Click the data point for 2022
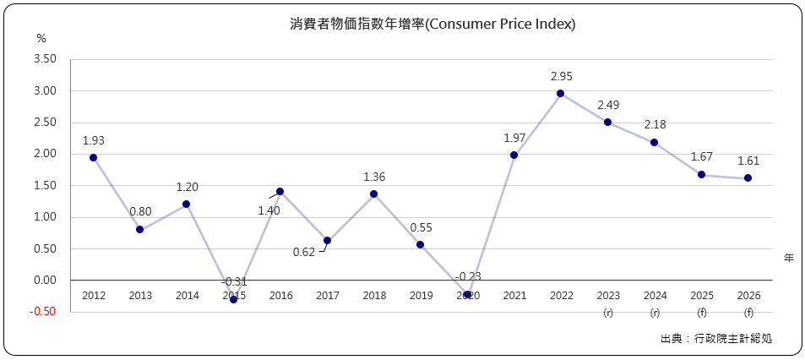tap(560, 94)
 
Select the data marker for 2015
tap(233, 299)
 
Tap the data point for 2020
tap(467, 294)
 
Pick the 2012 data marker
tap(93, 158)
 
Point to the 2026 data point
tap(748, 178)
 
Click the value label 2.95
tap(561, 76)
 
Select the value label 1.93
tap(93, 140)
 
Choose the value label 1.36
tap(374, 177)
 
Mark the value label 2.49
tap(608, 105)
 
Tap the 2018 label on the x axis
tap(373, 295)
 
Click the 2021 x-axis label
tap(514, 295)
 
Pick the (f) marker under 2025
tap(701, 313)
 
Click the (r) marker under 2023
tap(607, 313)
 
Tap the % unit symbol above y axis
tap(41, 39)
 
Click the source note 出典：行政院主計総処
tap(716, 339)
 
